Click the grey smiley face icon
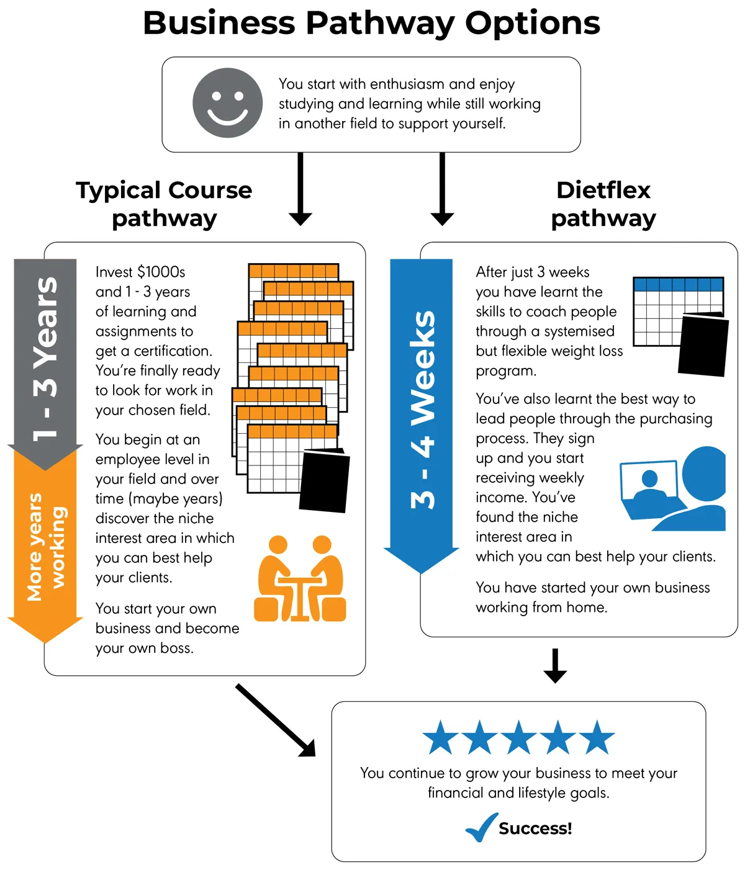(227, 102)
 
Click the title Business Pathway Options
(371, 23)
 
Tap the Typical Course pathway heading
(164, 204)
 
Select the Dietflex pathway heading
(603, 204)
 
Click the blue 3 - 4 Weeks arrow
(422, 410)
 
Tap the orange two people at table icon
(300, 579)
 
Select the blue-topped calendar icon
(664, 310)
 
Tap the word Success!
(535, 828)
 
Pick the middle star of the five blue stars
(518, 738)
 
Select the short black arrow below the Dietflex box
(555, 666)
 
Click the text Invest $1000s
(140, 272)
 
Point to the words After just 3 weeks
(532, 272)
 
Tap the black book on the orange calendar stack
(324, 480)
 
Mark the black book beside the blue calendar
(703, 345)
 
